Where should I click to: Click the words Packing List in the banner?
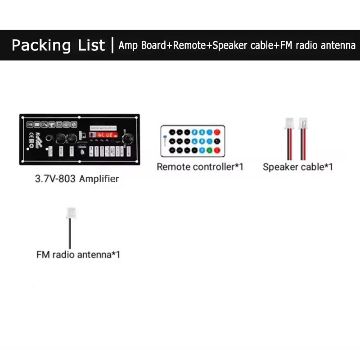click(58, 45)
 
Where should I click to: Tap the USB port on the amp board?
click(82, 147)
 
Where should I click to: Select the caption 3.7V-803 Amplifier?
click(77, 179)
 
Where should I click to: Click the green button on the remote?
click(209, 150)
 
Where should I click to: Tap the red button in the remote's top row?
click(217, 132)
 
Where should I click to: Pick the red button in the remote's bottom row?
click(217, 150)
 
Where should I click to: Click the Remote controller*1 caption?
click(200, 167)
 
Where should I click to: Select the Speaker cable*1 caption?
click(297, 167)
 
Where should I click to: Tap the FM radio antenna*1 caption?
click(78, 255)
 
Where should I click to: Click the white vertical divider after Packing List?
click(112, 45)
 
